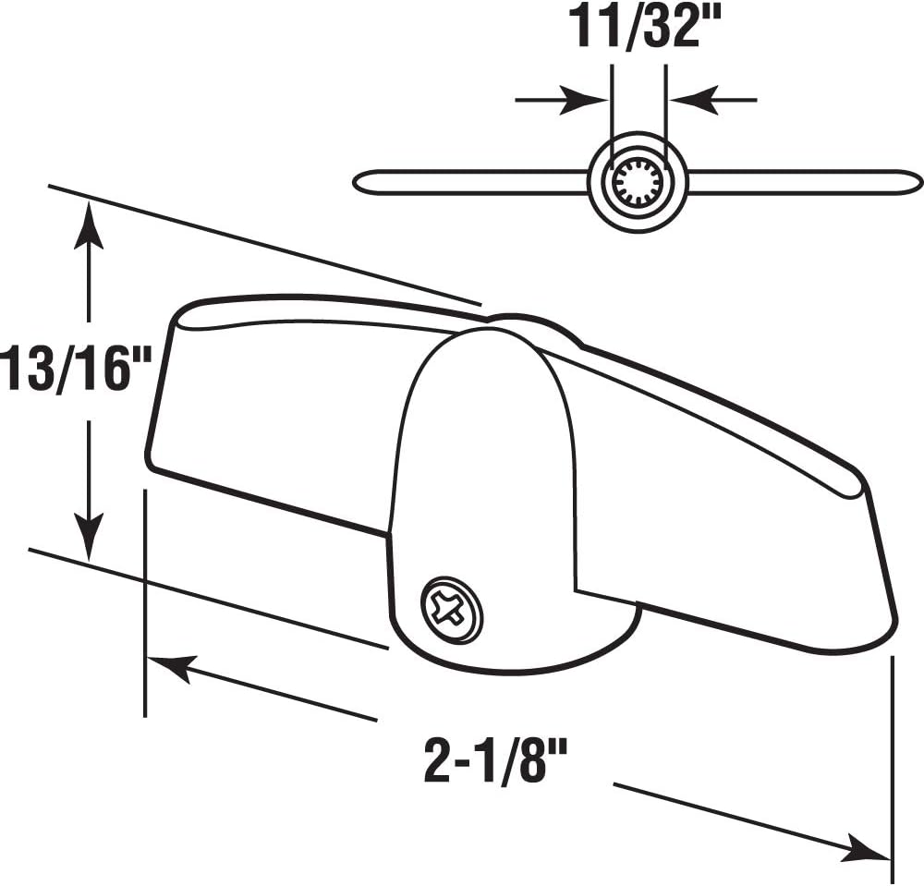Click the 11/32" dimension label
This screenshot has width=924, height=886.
click(x=638, y=28)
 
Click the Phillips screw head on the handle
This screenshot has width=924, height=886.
click(x=453, y=610)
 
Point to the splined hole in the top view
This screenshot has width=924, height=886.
click(x=638, y=181)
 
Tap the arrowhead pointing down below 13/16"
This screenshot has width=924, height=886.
click(x=89, y=540)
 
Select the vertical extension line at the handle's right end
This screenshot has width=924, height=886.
click(x=892, y=767)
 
